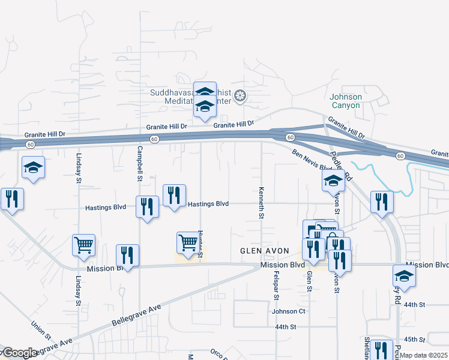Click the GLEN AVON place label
(x=265, y=250)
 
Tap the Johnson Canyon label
(x=345, y=101)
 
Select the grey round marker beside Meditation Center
(x=240, y=96)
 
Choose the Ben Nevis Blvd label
(x=312, y=160)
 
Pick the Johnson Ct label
(x=289, y=311)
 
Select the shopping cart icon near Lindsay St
(x=83, y=245)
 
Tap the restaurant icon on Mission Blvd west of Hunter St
(x=127, y=254)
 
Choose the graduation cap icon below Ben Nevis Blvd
(x=333, y=180)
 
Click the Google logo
(x=19, y=353)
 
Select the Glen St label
(x=310, y=281)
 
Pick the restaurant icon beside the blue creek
(x=381, y=202)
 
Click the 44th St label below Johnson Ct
(x=286, y=327)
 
